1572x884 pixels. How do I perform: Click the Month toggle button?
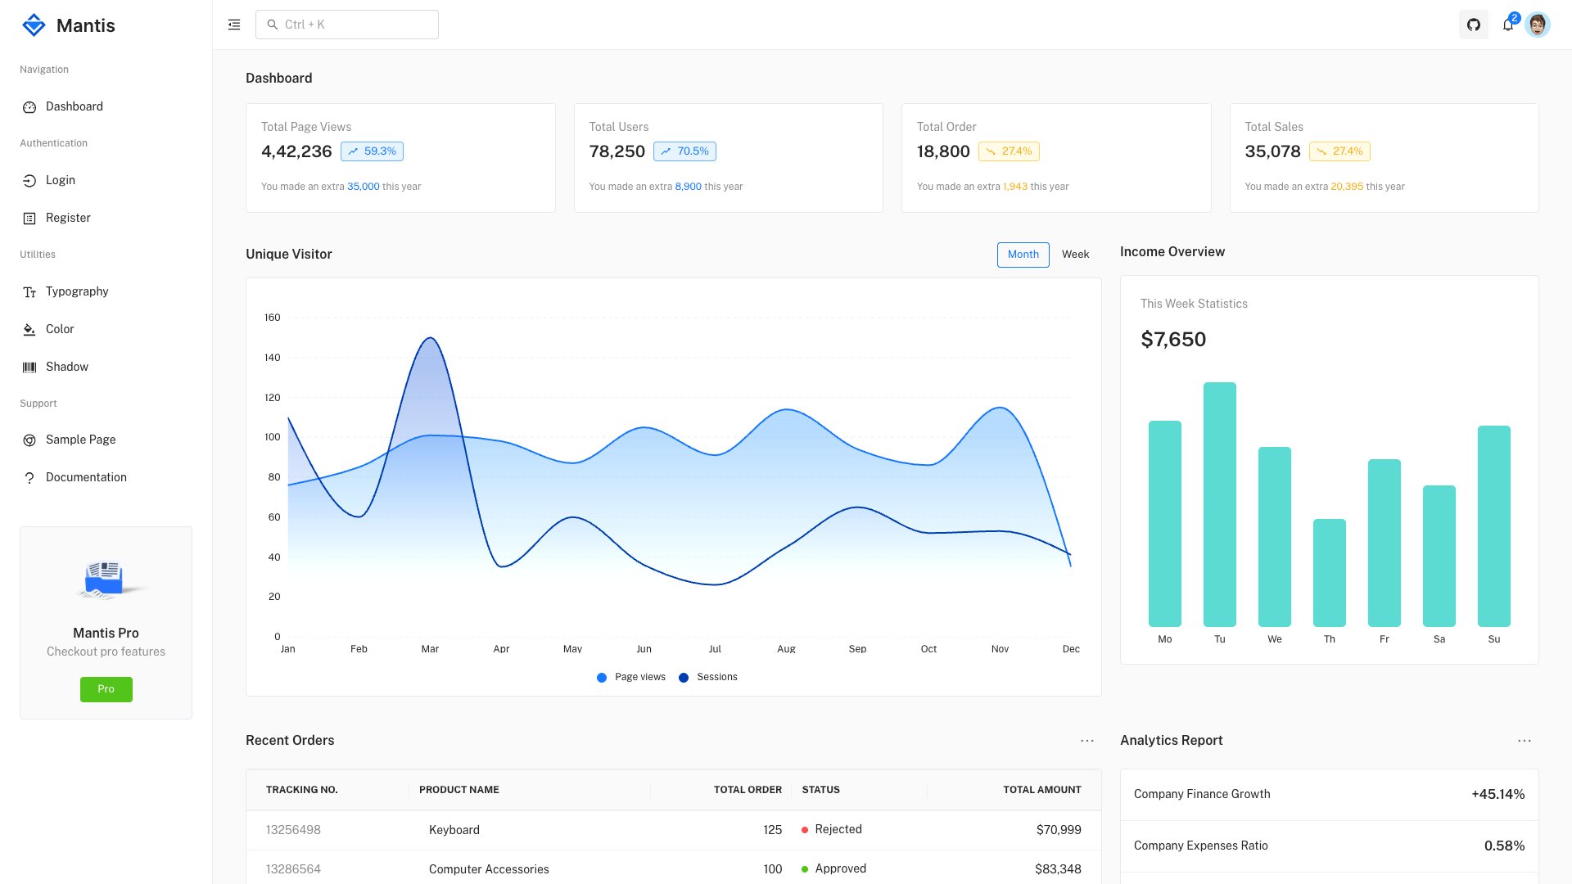pos(1023,255)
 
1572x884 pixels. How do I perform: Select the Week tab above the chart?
pos(1075,255)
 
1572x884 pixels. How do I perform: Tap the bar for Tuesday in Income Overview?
pos(1219,504)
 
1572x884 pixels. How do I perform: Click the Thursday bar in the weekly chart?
pos(1329,573)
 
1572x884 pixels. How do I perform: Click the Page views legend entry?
pos(631,677)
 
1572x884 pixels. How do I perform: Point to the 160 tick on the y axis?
pos(273,318)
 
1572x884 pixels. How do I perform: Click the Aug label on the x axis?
pos(786,649)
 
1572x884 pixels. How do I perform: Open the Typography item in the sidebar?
pos(77,291)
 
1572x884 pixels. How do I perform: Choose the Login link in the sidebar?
pos(60,180)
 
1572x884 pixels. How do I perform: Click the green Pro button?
pos(106,689)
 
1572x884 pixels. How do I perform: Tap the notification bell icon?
pos(1507,25)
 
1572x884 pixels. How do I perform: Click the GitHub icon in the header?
pos(1473,25)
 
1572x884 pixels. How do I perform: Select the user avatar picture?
pos(1538,25)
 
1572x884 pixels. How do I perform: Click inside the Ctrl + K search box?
pos(347,25)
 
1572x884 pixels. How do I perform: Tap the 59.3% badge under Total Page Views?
pos(372,151)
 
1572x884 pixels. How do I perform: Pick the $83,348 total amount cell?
pos(1057,868)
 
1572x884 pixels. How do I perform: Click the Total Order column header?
pos(747,790)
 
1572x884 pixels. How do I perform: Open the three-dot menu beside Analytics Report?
pos(1524,741)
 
